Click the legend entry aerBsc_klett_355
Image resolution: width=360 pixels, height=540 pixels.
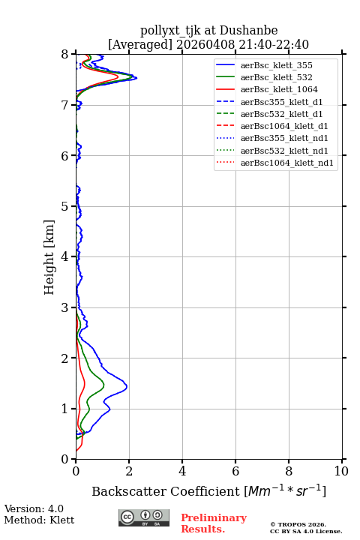coord(276,65)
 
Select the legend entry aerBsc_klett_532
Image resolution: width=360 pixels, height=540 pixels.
coord(276,77)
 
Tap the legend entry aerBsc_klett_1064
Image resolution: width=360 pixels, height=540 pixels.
coord(279,89)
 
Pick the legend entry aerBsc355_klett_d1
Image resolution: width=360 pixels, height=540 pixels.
coord(281,102)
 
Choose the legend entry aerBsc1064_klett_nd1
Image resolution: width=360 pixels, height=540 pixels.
coord(287,163)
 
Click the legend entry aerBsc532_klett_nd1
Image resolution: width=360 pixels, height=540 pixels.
coord(284,151)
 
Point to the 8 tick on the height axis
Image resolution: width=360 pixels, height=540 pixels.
coord(73,54)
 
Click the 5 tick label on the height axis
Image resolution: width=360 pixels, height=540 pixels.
coord(64,207)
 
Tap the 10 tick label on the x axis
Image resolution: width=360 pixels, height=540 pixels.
coord(341,471)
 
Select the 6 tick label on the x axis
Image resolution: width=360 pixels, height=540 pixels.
coord(235,471)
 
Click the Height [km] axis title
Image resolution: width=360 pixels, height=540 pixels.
coord(49,257)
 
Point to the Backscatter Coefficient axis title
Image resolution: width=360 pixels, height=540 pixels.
coord(208,490)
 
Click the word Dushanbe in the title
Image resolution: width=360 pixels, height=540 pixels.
coord(248,31)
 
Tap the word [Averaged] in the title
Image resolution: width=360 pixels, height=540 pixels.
coord(139,44)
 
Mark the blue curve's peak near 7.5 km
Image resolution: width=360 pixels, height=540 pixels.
coord(136,78)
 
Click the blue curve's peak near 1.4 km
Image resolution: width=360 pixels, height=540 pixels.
coord(127,386)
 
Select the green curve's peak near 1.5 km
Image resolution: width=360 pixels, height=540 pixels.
coord(104,384)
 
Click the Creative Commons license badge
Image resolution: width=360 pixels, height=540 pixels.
coord(144,517)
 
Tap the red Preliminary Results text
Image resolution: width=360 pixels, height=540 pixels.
coord(214,523)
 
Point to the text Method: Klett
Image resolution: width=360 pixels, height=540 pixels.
coord(39,520)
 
